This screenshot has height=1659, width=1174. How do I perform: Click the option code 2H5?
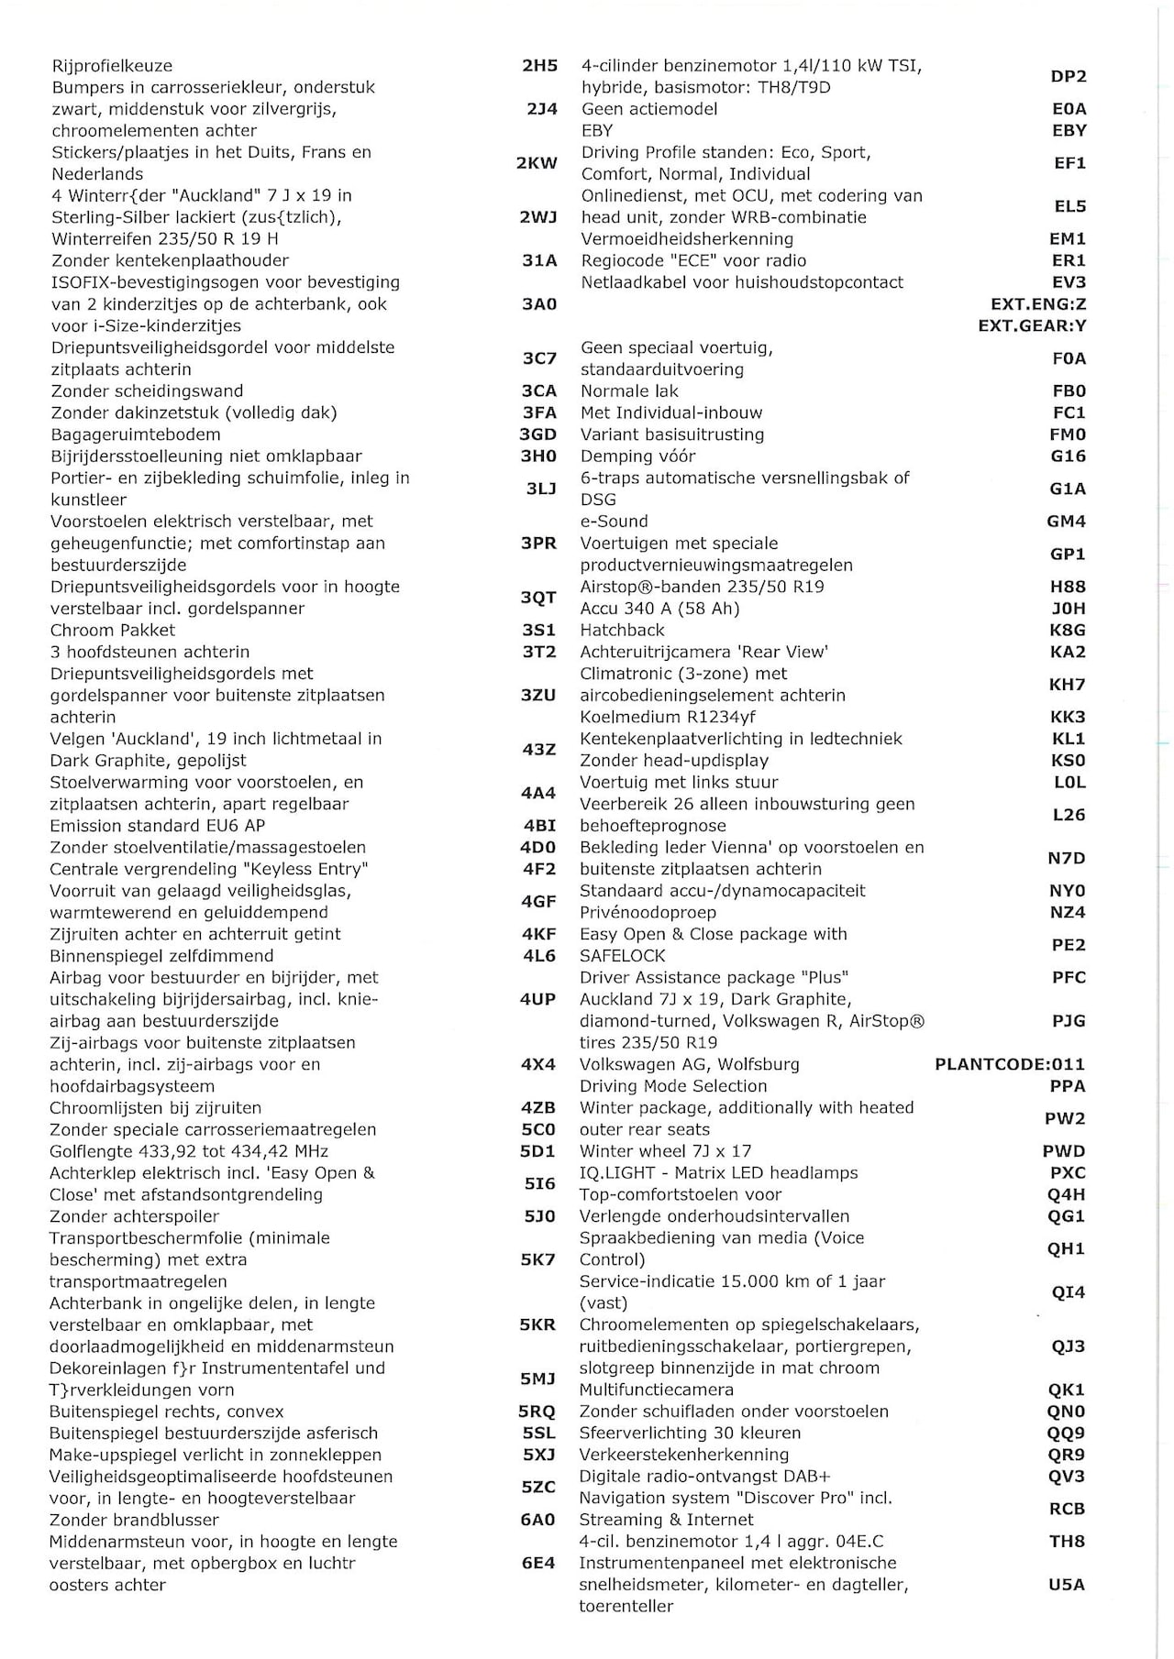tap(539, 66)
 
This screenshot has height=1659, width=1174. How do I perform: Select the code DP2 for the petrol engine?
tap(1069, 77)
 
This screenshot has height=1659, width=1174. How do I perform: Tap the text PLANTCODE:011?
tap(1010, 1064)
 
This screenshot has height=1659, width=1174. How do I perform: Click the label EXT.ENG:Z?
tap(1038, 304)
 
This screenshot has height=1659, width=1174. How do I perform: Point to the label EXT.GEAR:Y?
tap(1032, 325)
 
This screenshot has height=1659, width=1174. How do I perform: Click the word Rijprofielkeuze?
tap(112, 66)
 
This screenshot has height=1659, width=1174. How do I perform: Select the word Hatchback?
tap(622, 630)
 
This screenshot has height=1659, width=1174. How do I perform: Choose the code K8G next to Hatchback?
tap(1068, 630)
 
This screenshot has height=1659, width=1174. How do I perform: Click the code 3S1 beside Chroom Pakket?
tap(538, 630)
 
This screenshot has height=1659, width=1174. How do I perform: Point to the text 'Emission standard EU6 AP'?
tap(157, 825)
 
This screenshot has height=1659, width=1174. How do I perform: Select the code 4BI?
tap(539, 825)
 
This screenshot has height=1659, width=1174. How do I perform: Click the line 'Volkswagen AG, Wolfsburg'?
tap(689, 1064)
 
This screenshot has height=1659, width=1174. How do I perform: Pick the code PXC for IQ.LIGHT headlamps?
tap(1068, 1172)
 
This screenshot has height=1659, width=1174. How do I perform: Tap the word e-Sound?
tap(615, 521)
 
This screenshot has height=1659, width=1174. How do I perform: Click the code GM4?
tap(1067, 521)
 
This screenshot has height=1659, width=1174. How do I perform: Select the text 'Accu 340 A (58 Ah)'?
tap(659, 608)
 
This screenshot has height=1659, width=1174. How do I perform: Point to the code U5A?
tap(1067, 1584)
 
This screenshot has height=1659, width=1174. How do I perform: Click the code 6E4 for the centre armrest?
tap(538, 1563)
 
